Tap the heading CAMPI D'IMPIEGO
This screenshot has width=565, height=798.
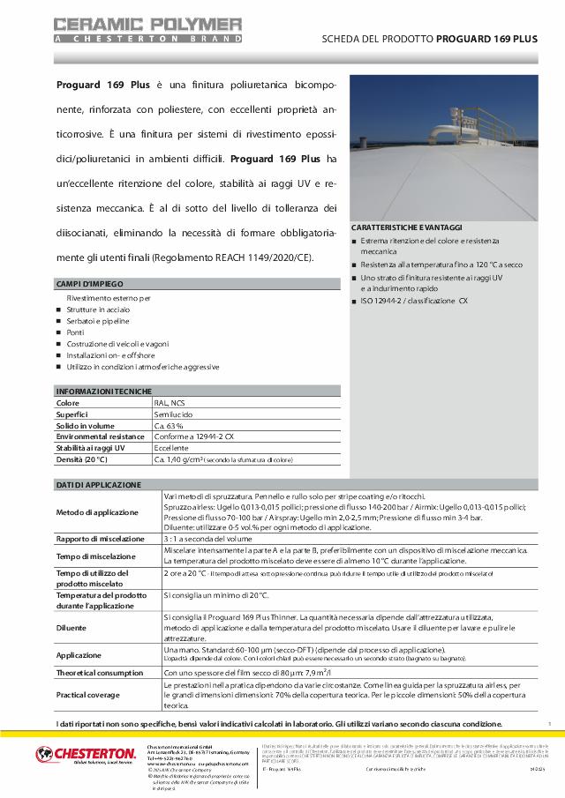pyautogui.click(x=90, y=284)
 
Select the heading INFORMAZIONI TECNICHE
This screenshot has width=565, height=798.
pyautogui.click(x=104, y=391)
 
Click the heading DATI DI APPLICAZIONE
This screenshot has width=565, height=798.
pyautogui.click(x=98, y=485)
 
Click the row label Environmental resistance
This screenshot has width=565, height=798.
pyautogui.click(x=100, y=436)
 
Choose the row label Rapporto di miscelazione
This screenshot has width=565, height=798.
pyautogui.click(x=100, y=539)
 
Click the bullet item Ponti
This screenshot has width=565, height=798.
pyautogui.click(x=78, y=332)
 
